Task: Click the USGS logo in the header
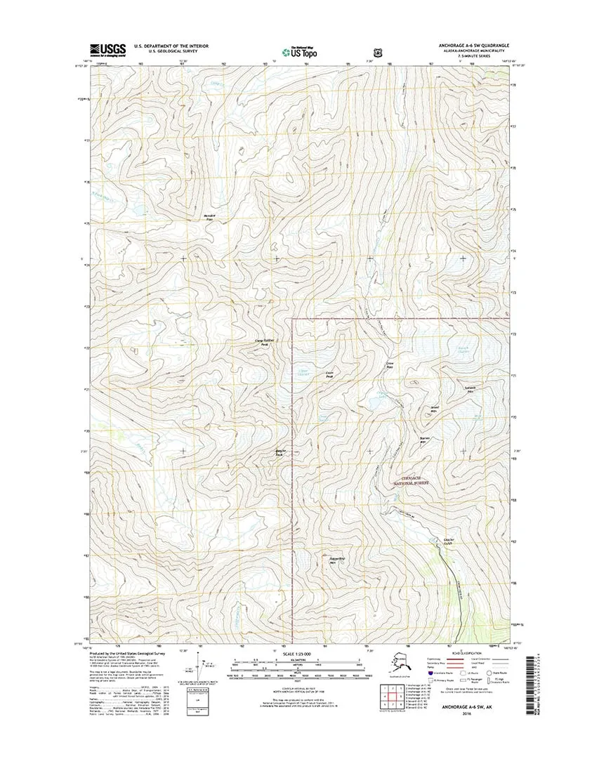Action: pyautogui.click(x=107, y=49)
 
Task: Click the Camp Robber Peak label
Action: pyautogui.click(x=262, y=343)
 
